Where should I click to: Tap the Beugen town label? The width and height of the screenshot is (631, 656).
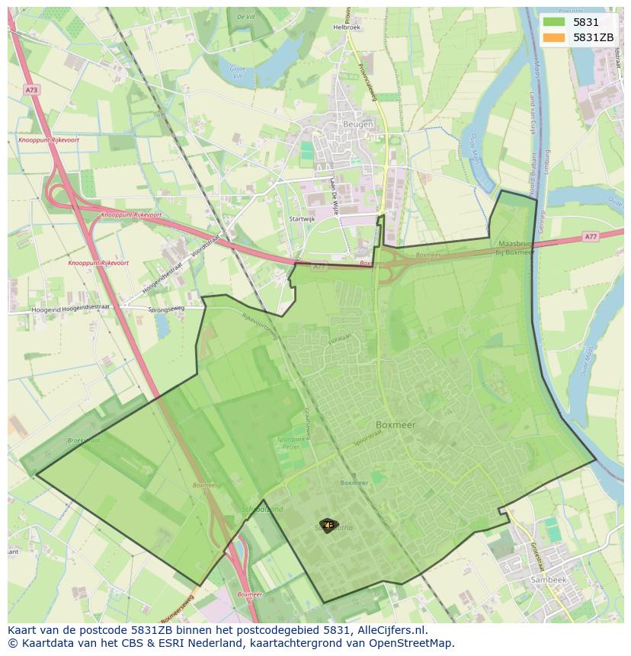(x=358, y=124)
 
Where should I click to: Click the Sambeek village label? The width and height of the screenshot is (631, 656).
(x=549, y=580)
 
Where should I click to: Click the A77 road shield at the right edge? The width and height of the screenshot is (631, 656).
(x=591, y=237)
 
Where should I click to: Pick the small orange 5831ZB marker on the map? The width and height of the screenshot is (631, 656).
(x=328, y=525)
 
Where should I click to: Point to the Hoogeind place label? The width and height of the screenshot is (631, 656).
(x=46, y=310)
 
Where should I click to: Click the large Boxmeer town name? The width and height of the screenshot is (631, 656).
(x=396, y=425)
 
